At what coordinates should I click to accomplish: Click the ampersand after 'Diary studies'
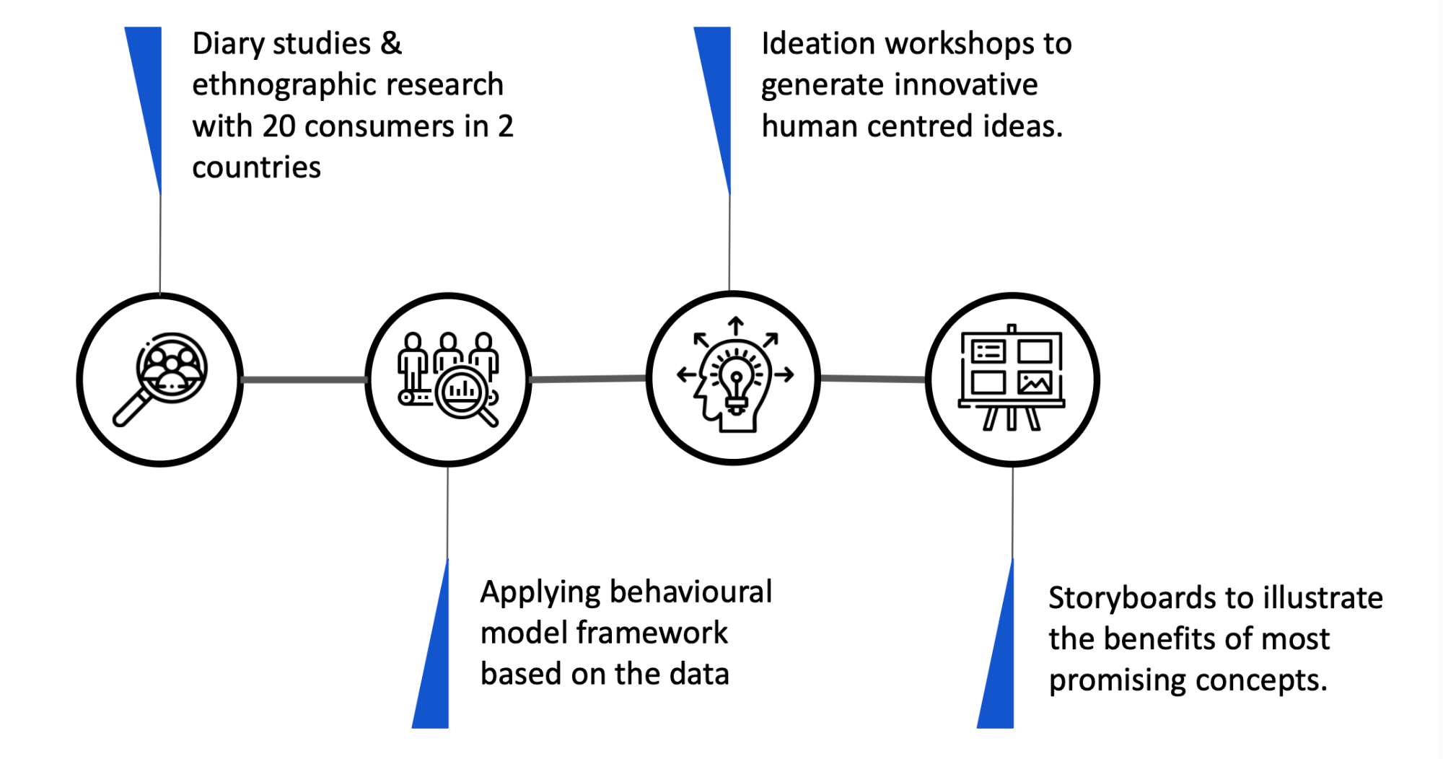[391, 43]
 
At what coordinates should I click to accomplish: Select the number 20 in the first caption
[278, 127]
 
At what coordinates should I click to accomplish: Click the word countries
[256, 168]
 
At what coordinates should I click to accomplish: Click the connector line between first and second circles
[304, 379]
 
